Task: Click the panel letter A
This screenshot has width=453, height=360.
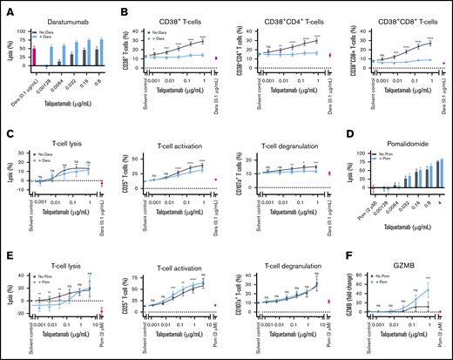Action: [7, 7]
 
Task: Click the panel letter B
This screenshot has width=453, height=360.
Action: [119, 7]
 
